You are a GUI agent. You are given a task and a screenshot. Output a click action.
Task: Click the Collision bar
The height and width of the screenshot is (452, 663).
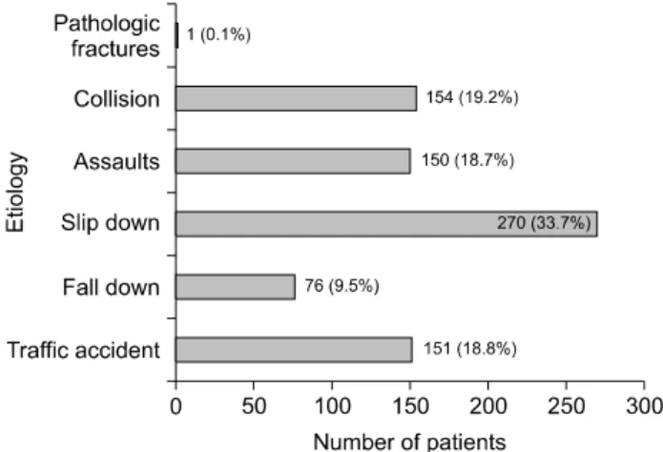click(296, 98)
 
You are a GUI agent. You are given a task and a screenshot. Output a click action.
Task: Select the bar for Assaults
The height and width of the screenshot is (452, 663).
click(293, 161)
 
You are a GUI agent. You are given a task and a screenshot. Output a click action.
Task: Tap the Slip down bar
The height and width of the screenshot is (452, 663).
click(386, 224)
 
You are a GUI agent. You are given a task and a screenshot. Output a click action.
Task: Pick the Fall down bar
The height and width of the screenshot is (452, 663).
click(235, 287)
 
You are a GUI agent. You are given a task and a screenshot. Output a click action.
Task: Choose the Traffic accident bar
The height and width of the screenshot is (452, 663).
click(294, 350)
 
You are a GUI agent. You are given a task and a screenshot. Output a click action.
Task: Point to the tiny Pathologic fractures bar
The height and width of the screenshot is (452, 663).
click(176, 35)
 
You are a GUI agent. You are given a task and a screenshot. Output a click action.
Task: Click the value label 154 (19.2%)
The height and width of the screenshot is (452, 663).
click(472, 97)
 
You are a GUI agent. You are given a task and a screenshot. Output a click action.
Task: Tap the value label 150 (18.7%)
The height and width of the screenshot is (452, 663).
click(467, 160)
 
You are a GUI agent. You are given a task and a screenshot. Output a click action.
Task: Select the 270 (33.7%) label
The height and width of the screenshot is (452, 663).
click(544, 222)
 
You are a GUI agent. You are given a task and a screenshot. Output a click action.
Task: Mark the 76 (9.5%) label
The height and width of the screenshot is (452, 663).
click(342, 286)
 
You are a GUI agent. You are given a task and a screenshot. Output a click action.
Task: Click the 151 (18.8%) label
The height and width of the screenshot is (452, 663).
click(470, 349)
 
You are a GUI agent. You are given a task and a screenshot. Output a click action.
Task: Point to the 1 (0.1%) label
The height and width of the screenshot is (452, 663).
click(218, 34)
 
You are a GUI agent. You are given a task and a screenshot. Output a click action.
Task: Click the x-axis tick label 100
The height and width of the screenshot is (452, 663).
click(332, 406)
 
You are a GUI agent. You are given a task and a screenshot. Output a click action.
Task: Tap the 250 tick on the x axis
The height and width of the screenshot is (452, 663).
click(566, 406)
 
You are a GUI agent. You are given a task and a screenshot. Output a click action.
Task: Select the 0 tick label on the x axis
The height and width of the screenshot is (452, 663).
click(176, 406)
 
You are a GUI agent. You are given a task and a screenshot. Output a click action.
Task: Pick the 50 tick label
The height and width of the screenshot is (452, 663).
click(254, 406)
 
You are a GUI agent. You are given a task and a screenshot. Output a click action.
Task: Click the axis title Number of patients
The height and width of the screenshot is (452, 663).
click(409, 442)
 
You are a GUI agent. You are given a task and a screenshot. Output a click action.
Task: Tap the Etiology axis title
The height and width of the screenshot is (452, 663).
click(15, 193)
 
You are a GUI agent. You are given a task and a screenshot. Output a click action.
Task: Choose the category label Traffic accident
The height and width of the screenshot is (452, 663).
click(83, 350)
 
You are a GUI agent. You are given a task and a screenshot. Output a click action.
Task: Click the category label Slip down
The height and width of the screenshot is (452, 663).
click(110, 222)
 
